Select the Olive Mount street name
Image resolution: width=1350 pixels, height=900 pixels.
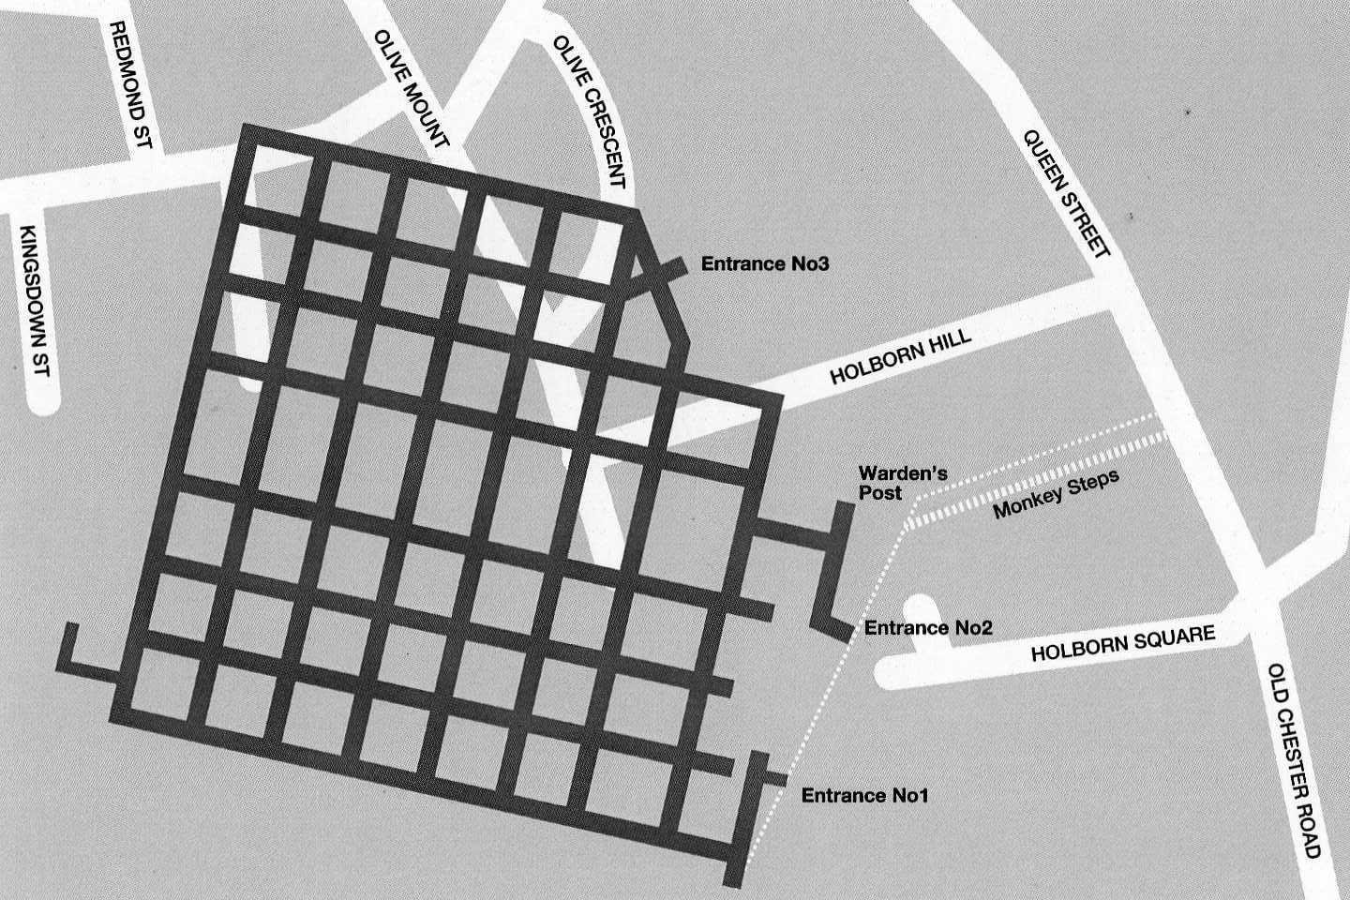coord(412,90)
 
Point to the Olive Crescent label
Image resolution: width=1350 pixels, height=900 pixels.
coord(589,112)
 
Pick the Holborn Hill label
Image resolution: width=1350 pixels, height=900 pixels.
coord(902,360)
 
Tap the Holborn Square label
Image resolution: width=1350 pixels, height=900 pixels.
coord(1122,644)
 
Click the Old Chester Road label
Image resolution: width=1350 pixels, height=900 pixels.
coord(1294,760)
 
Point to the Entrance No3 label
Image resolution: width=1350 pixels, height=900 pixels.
coord(766,264)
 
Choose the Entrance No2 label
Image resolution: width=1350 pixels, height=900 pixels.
coord(927,628)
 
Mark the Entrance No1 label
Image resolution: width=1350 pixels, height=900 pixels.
coord(864,796)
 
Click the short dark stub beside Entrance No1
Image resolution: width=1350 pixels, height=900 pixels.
coord(774,777)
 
